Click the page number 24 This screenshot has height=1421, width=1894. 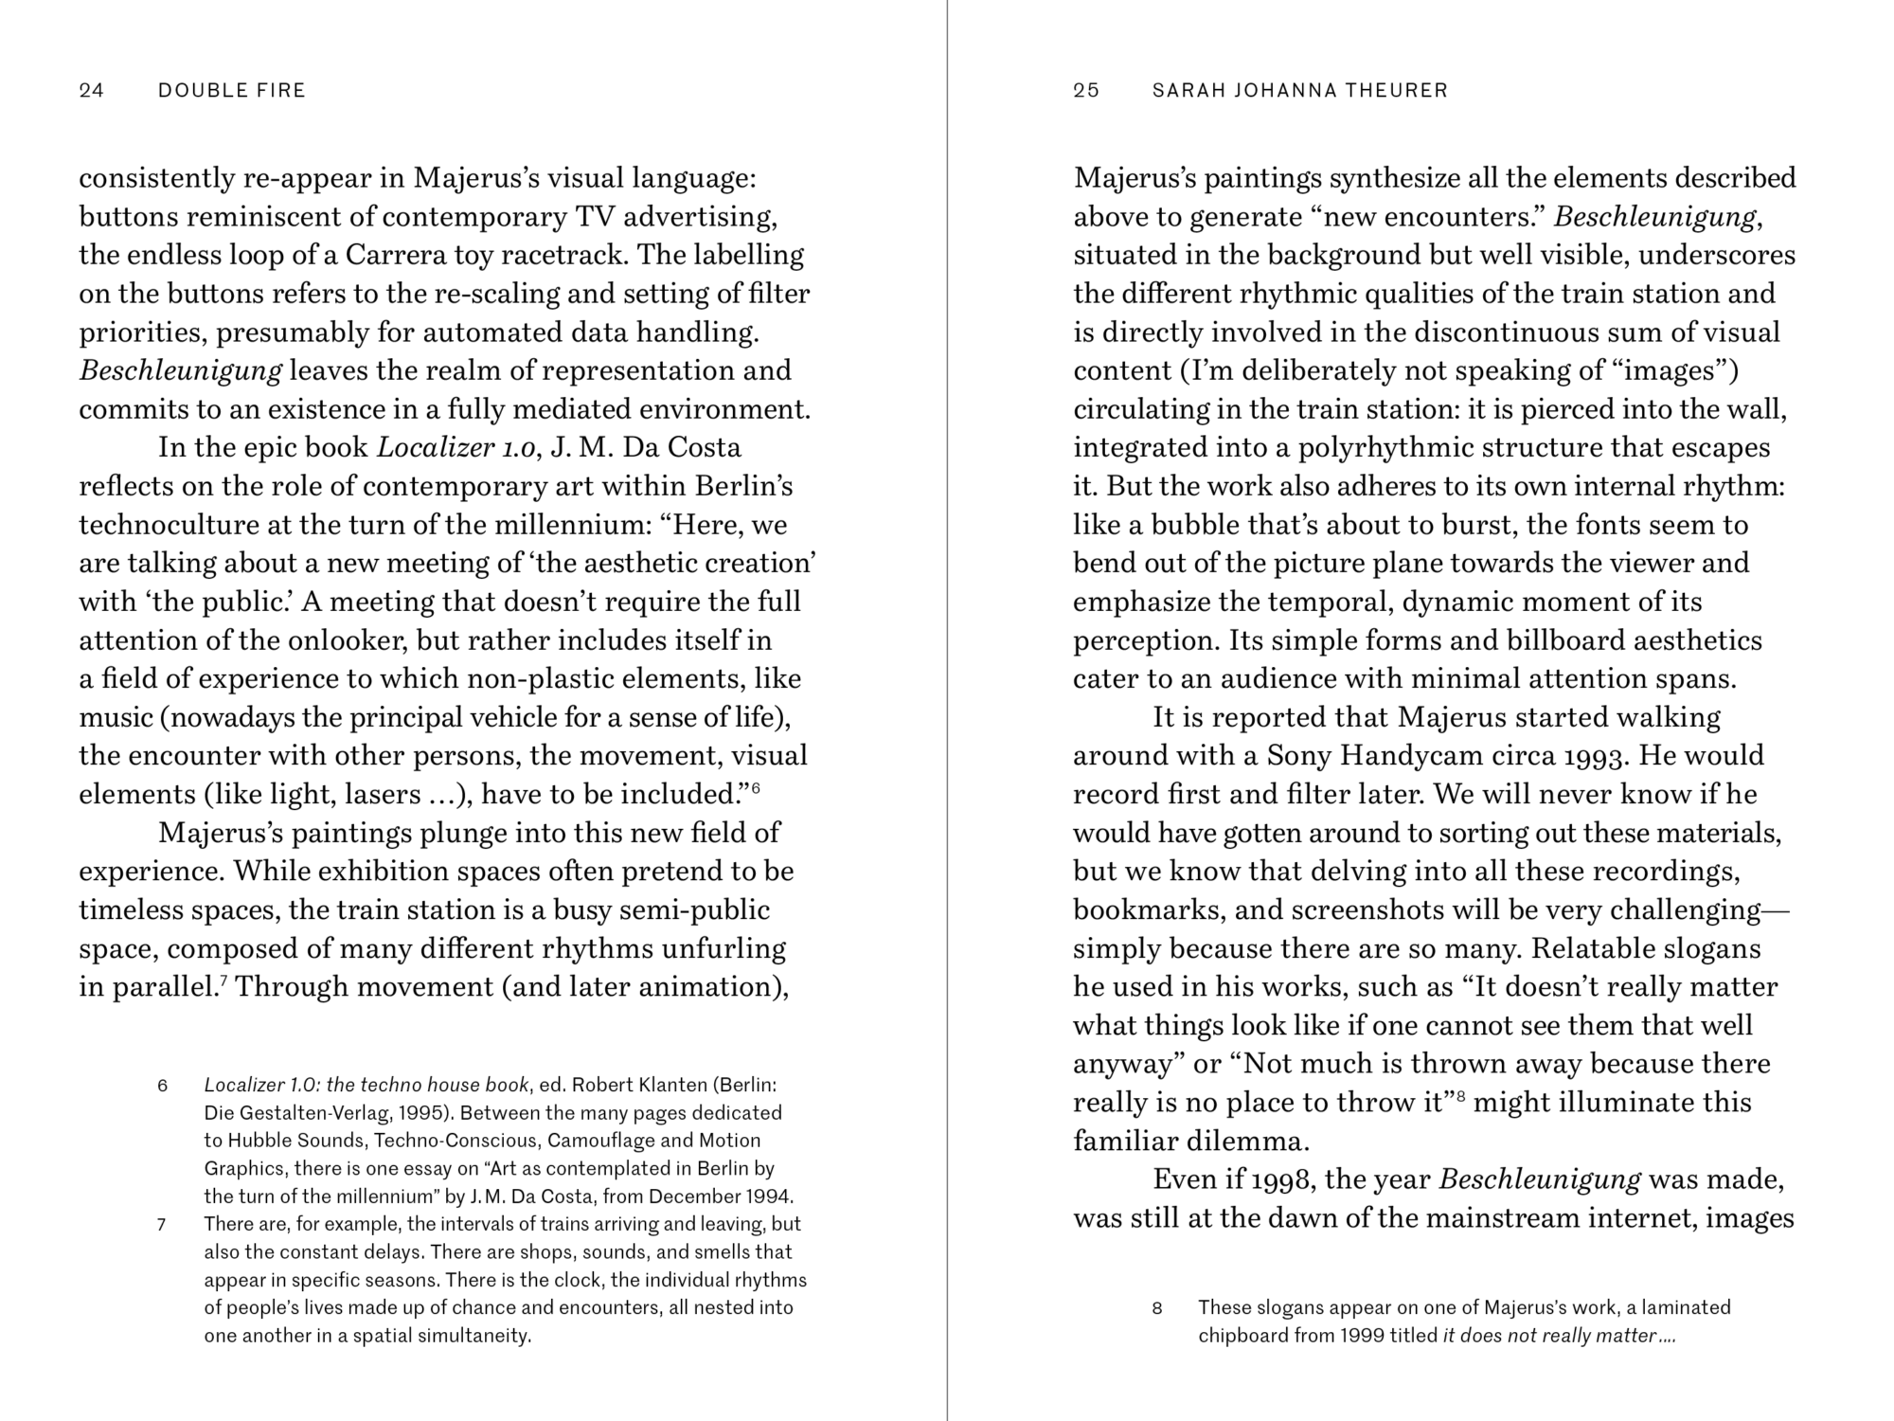point(92,91)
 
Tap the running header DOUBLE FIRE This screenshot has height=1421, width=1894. point(232,91)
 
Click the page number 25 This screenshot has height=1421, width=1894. point(1086,91)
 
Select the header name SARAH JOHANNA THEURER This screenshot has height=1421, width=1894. point(1300,91)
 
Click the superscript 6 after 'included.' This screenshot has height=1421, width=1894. point(756,786)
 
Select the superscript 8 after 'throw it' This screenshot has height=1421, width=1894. point(1461,1095)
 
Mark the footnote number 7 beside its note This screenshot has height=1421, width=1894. point(162,1224)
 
